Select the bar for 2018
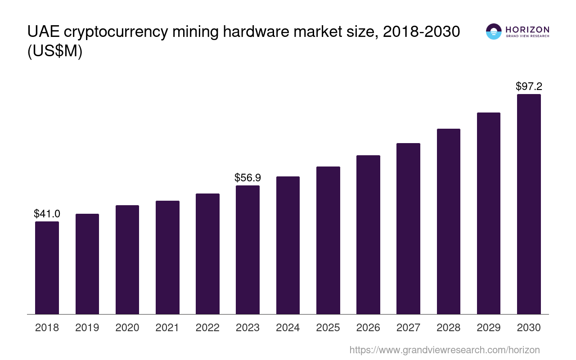tap(47, 268)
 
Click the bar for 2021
tap(167, 257)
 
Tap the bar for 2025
tap(328, 240)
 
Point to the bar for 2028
tap(449, 221)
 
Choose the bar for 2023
tap(247, 250)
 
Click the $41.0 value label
tap(47, 214)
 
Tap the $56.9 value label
tap(247, 178)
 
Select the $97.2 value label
tap(529, 86)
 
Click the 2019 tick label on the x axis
tap(87, 328)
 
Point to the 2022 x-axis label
tap(207, 328)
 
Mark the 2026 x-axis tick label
tap(368, 328)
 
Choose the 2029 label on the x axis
tap(489, 328)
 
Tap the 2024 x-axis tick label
tap(288, 328)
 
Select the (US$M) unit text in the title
tap(54, 52)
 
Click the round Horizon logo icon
tap(493, 31)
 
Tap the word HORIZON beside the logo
tap(527, 29)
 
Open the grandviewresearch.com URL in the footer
tap(444, 350)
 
